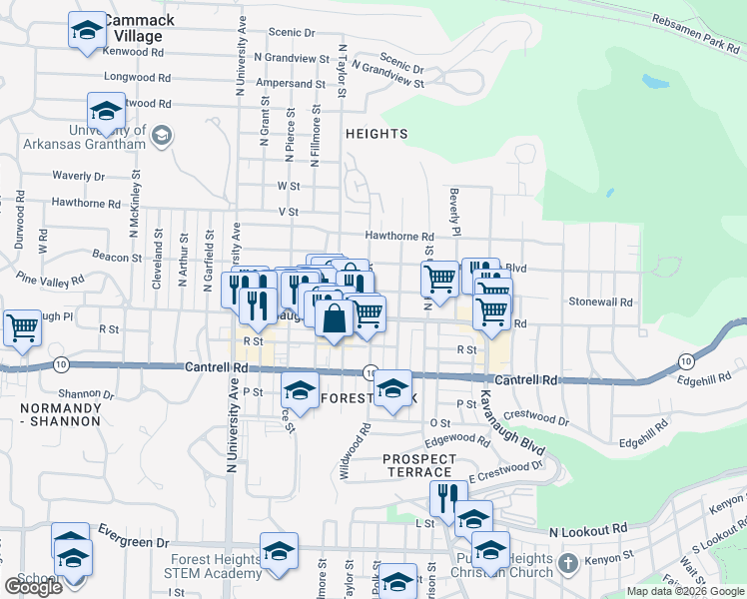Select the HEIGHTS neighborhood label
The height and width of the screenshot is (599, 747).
(x=376, y=134)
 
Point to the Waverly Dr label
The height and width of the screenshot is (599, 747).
(x=78, y=176)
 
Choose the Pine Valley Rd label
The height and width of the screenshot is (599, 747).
(x=50, y=283)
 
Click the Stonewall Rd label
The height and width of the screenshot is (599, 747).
(x=601, y=301)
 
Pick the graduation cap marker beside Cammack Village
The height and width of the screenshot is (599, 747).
(x=87, y=30)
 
